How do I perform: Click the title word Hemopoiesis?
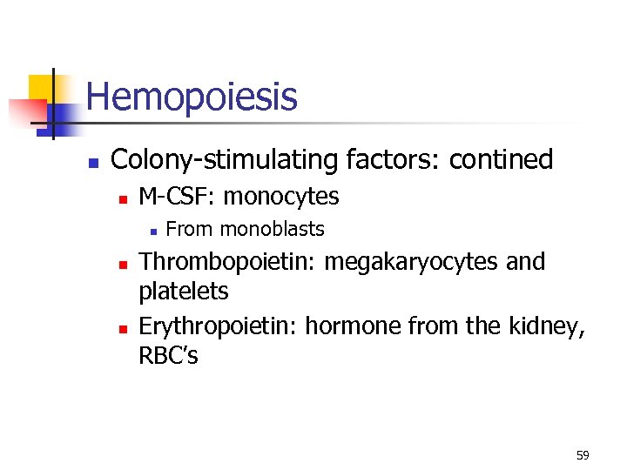[x=192, y=97]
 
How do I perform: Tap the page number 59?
[x=583, y=455]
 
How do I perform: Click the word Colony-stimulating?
[x=226, y=160]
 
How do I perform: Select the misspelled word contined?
[x=501, y=160]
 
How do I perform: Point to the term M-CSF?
[x=177, y=197]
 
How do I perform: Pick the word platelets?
[x=184, y=292]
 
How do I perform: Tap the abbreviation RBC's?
[x=168, y=356]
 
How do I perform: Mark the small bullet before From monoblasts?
[x=152, y=232]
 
